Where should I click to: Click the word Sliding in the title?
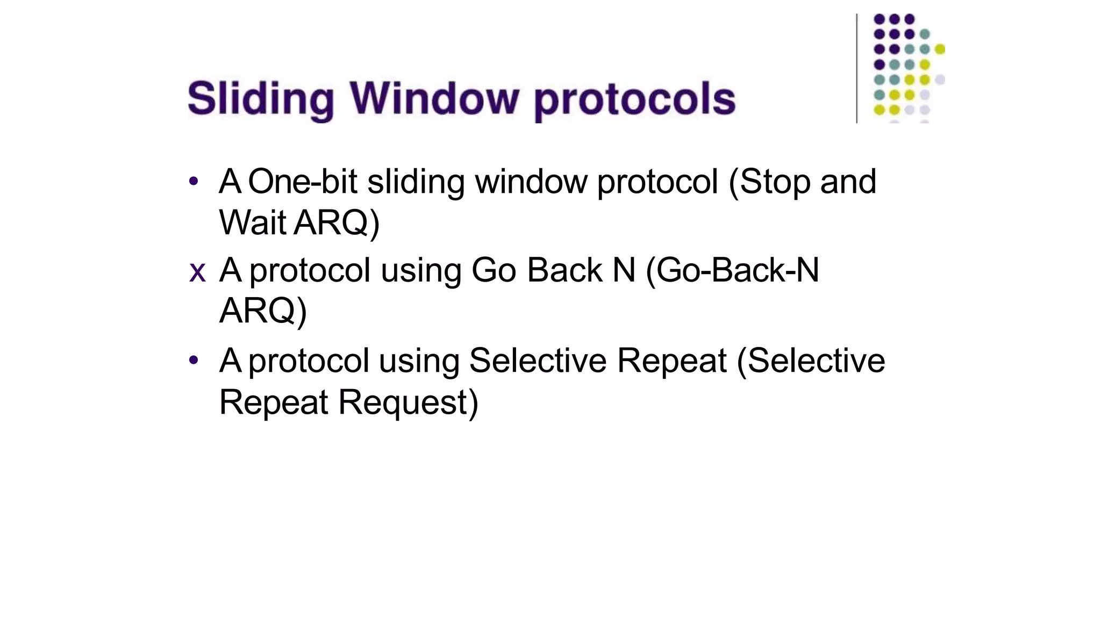click(261, 99)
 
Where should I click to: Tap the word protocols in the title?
click(635, 100)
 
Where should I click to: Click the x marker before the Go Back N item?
click(197, 272)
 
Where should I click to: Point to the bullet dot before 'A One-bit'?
click(194, 181)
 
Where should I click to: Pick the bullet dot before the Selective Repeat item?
click(194, 360)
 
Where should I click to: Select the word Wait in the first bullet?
click(252, 222)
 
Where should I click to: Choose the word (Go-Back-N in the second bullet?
click(732, 270)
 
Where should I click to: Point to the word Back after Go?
click(564, 270)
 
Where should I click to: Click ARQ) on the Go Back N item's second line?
click(263, 311)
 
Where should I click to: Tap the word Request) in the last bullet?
click(408, 403)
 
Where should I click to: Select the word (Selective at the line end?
click(811, 361)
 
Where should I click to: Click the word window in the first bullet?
click(531, 182)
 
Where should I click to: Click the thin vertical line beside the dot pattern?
click(856, 68)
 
